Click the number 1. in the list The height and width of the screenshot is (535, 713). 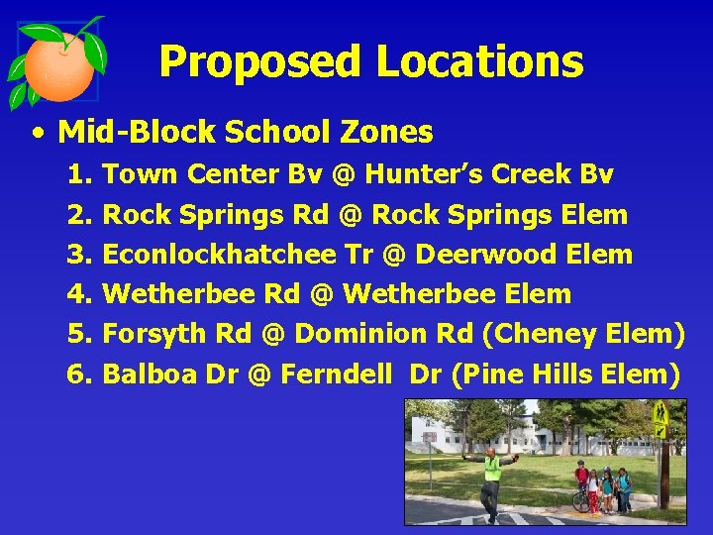(79, 175)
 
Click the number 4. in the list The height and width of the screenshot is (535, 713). (79, 294)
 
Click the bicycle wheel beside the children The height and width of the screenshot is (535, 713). (580, 500)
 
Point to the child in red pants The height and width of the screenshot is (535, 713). (593, 489)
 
